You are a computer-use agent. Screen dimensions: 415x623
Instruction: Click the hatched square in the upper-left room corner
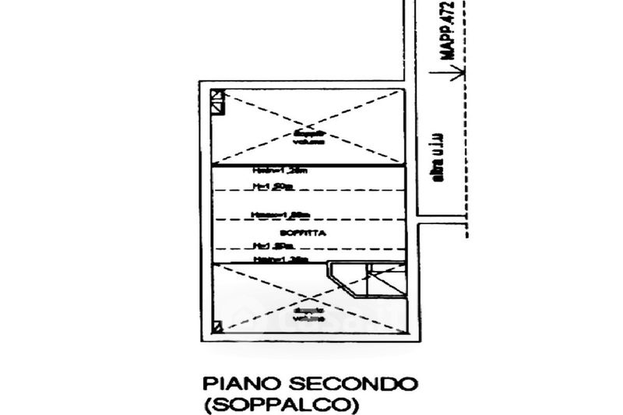point(217,100)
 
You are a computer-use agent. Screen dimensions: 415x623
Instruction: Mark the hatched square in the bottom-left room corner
point(217,327)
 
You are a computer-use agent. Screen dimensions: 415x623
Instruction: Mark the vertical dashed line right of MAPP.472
point(466,156)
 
